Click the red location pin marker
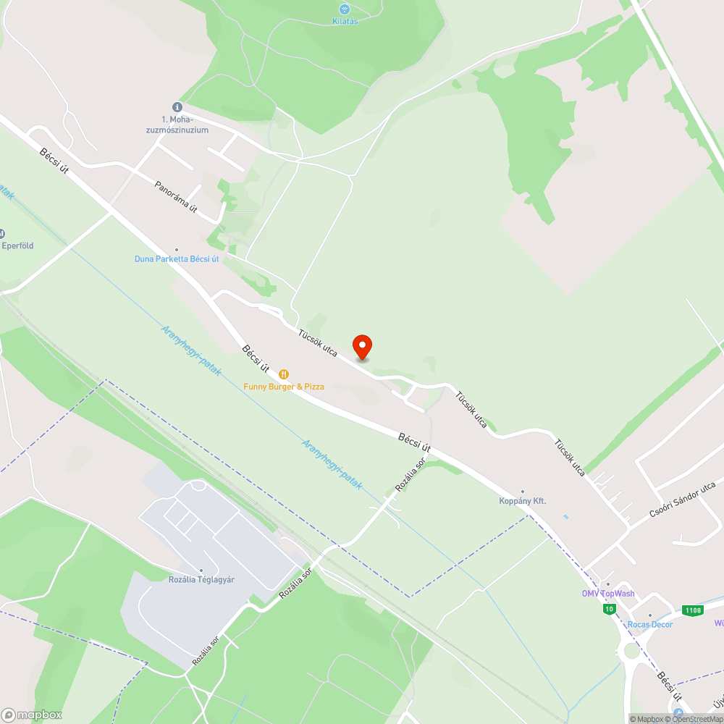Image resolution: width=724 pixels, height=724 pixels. pyautogui.click(x=361, y=347)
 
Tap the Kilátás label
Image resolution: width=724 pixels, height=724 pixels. pyautogui.click(x=345, y=21)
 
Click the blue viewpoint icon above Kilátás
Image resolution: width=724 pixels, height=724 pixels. pyautogui.click(x=345, y=9)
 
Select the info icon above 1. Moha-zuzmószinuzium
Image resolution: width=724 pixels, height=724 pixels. pyautogui.click(x=176, y=106)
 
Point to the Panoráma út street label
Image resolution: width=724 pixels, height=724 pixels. pyautogui.click(x=176, y=197)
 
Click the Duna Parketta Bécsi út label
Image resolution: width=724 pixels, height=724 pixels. pyautogui.click(x=177, y=259)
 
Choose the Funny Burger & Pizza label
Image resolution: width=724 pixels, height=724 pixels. pyautogui.click(x=284, y=387)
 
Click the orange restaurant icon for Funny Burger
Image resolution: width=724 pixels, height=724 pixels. pyautogui.click(x=284, y=374)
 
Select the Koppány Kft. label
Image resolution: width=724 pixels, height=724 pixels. pyautogui.click(x=522, y=501)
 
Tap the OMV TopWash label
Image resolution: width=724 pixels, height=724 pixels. pyautogui.click(x=608, y=594)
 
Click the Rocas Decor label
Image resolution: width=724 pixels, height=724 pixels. pyautogui.click(x=649, y=625)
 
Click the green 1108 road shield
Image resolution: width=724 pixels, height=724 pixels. pyautogui.click(x=693, y=610)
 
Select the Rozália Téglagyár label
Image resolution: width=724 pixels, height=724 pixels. pyautogui.click(x=201, y=580)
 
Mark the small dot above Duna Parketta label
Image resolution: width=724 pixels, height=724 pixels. pyautogui.click(x=176, y=250)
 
